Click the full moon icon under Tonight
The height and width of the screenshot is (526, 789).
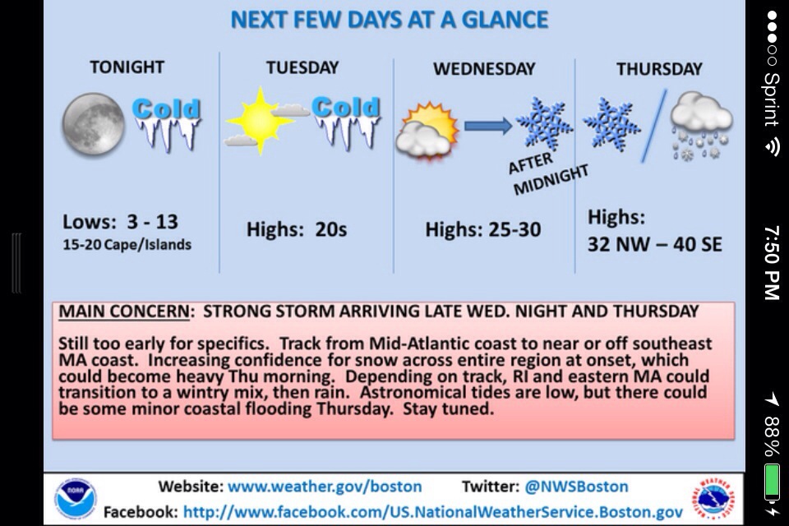point(93,124)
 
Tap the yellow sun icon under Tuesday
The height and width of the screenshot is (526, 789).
point(260,122)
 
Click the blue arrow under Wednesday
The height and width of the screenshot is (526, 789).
point(488,125)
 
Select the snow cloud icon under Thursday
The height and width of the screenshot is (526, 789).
point(701,126)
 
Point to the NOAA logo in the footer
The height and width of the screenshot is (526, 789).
point(75,498)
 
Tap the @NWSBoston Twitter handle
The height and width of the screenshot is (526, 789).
point(576,487)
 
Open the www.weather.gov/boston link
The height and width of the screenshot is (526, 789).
point(325,487)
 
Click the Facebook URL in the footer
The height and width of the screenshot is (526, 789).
point(433,512)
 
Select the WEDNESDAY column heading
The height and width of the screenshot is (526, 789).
point(484,69)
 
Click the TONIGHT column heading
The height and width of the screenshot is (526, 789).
point(127,67)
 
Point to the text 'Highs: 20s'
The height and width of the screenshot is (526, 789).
point(297,229)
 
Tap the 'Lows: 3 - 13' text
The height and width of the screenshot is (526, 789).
point(120,221)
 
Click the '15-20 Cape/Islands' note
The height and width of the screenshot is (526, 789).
point(127,245)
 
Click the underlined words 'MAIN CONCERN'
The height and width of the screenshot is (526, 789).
point(124,311)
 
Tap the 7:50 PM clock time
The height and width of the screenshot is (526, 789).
point(772,262)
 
